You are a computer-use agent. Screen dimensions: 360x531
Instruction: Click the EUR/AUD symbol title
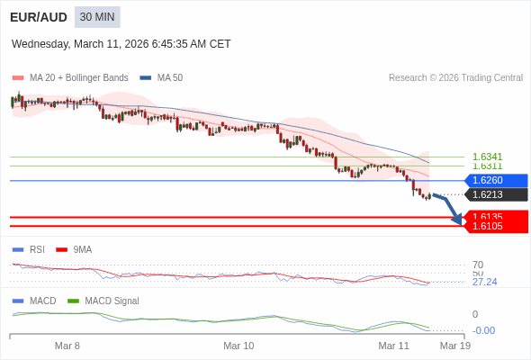[x=37, y=17]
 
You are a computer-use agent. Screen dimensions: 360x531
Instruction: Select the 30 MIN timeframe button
[x=97, y=17]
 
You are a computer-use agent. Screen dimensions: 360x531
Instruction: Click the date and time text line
[x=121, y=43]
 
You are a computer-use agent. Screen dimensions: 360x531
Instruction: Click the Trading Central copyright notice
[x=455, y=77]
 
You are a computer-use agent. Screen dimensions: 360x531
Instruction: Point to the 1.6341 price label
[x=487, y=157]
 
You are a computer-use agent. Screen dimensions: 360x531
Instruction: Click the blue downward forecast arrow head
[x=457, y=219]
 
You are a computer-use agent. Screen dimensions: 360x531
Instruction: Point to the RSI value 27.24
[x=484, y=282]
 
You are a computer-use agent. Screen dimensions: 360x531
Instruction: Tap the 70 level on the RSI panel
[x=478, y=265]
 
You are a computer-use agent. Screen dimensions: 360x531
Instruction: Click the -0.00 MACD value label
[x=483, y=330]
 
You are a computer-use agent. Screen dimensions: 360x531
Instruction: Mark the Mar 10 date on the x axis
[x=238, y=346]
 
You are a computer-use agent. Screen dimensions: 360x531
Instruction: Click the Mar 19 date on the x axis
[x=454, y=346]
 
